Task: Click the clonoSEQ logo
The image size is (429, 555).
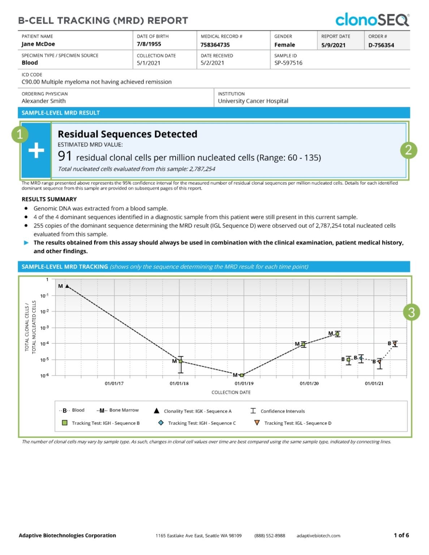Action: click(x=372, y=20)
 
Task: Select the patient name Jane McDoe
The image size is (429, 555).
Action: click(x=38, y=44)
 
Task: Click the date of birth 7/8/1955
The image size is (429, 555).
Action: click(x=149, y=44)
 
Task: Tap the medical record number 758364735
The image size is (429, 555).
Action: click(x=215, y=45)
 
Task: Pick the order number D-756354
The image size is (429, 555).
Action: click(x=381, y=45)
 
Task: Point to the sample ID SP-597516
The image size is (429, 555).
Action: click(x=288, y=63)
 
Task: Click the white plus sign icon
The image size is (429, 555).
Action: click(x=36, y=150)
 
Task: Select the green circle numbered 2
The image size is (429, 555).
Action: click(x=408, y=150)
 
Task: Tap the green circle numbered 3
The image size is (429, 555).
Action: click(x=411, y=312)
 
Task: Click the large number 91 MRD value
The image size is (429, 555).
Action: click(x=65, y=156)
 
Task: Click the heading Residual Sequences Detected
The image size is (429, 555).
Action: click(x=127, y=134)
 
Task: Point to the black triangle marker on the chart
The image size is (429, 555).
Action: click(x=67, y=286)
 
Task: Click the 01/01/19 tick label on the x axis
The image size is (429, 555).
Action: click(x=244, y=383)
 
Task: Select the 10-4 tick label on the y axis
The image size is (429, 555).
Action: click(x=44, y=344)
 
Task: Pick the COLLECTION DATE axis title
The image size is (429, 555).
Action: click(x=231, y=392)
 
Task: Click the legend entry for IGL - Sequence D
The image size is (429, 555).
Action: click(x=297, y=423)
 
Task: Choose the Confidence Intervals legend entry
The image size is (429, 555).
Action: click(x=282, y=411)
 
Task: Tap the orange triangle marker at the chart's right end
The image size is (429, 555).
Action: click(x=395, y=344)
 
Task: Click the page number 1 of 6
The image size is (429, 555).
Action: click(x=401, y=535)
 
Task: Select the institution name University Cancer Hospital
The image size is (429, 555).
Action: click(x=253, y=101)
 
